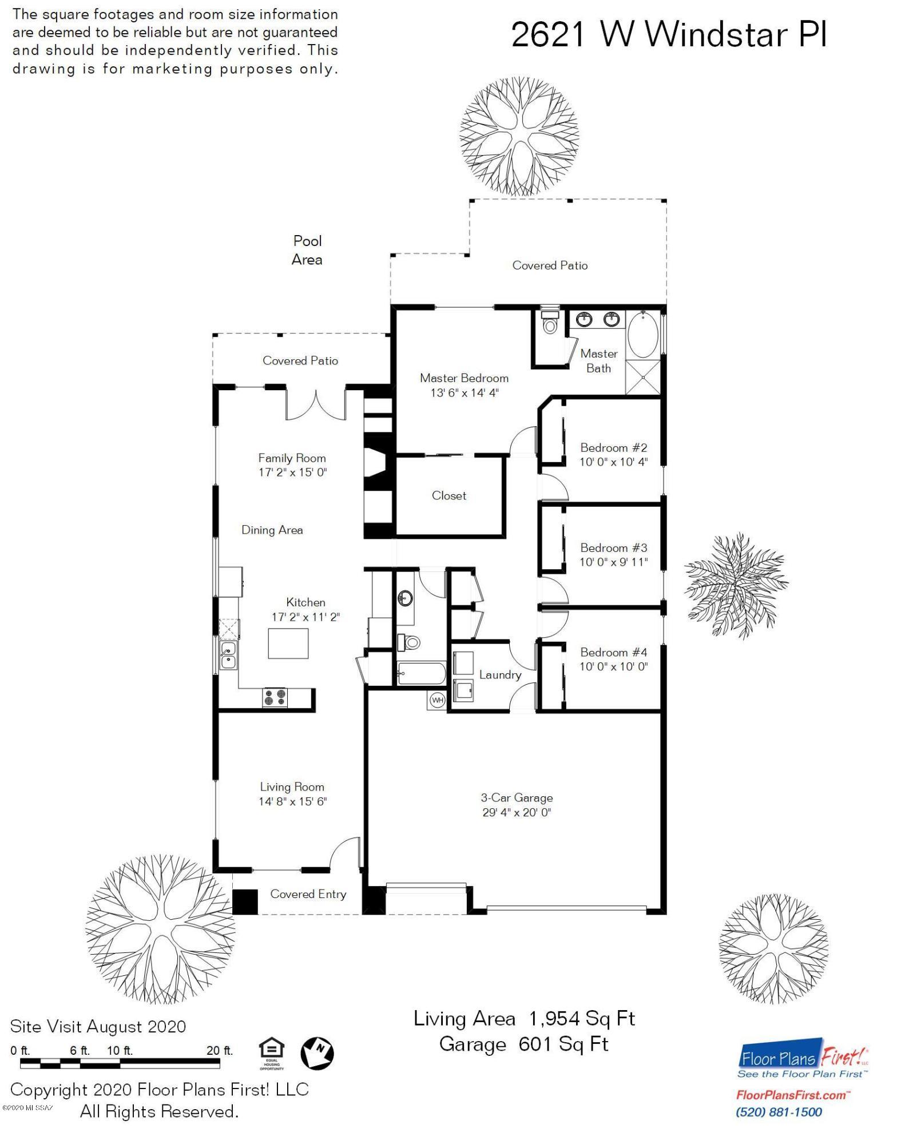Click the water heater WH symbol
coord(437,700)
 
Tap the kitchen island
coord(288,643)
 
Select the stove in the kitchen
coord(275,697)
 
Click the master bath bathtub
coord(643,335)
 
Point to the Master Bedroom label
coord(464,378)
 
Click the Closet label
coord(449,496)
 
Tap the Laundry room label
coord(501,675)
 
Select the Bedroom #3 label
coord(614,548)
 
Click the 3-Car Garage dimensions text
coord(517,812)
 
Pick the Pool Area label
coord(307,250)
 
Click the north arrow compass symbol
coord(317,1053)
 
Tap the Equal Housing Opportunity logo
coord(272,1054)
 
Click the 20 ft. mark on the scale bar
coord(220,1051)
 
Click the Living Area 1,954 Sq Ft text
coord(525,1019)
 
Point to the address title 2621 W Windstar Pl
coord(669,35)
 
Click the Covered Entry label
coord(308,894)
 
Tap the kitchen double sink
coord(228,656)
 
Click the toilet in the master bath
coord(550,323)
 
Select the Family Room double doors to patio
coord(316,404)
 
